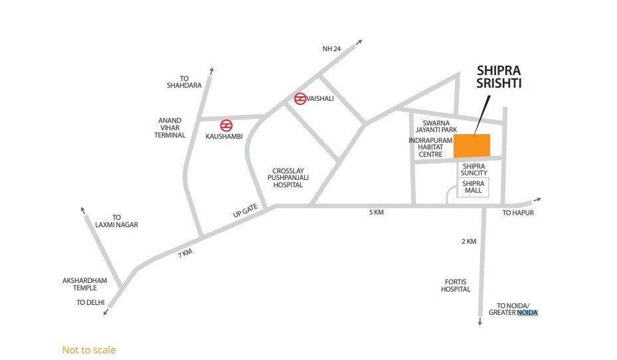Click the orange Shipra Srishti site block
(472, 146)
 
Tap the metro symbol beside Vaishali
(300, 99)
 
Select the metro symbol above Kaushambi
(226, 124)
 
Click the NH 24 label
(331, 49)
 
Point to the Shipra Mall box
(473, 187)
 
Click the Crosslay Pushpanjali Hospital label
(286, 177)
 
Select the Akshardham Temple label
(85, 284)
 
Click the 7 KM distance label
(185, 253)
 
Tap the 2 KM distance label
(468, 242)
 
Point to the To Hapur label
(518, 213)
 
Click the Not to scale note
(88, 350)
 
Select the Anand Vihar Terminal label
(171, 128)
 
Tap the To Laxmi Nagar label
(116, 221)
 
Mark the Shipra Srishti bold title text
(501, 77)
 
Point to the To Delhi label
(90, 303)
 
